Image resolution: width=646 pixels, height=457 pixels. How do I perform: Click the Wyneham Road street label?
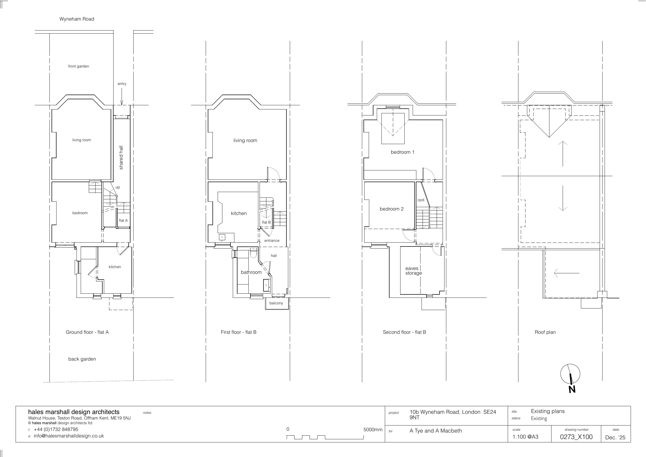[x=77, y=19]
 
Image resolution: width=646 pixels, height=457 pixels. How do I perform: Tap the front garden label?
[x=78, y=66]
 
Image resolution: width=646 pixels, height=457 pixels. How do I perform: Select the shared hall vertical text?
[x=121, y=157]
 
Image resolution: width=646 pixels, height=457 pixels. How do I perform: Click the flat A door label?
[x=123, y=220]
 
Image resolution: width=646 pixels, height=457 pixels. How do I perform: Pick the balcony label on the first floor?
[x=276, y=303]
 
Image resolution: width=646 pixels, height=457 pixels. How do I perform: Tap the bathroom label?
[x=251, y=272]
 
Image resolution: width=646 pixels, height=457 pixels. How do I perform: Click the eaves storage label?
[x=413, y=271]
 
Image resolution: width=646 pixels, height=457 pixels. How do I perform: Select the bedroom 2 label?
[x=392, y=209]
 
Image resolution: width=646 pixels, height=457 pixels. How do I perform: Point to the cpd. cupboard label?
[x=421, y=200]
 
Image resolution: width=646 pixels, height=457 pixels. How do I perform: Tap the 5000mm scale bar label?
[x=373, y=430]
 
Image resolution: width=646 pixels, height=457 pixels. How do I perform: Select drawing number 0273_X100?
[x=576, y=437]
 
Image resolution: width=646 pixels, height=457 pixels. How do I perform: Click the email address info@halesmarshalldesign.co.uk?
[x=69, y=436]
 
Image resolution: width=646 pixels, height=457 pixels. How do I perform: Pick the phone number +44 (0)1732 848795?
[x=56, y=429]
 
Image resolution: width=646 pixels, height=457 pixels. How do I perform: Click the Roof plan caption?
[x=545, y=332]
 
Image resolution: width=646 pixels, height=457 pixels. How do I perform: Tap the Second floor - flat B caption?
[x=404, y=332]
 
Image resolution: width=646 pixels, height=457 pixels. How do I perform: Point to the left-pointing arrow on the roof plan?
[x=566, y=273]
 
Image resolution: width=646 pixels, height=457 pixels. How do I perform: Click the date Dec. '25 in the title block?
[x=615, y=437]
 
